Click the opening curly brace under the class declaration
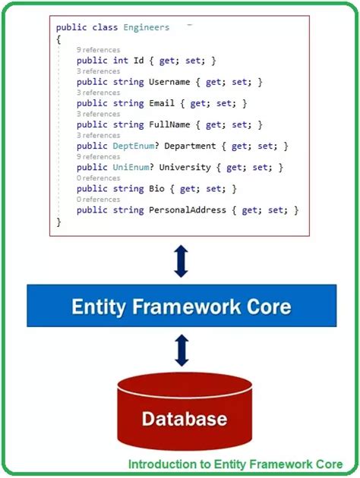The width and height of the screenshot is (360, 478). point(58,38)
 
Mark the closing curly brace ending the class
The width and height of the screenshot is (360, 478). point(58,222)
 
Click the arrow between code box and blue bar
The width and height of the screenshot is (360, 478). point(181,260)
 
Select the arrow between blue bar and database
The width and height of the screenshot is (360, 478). point(181,351)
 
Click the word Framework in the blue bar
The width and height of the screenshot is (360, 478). point(181,307)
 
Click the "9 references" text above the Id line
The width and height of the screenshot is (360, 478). point(98,49)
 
